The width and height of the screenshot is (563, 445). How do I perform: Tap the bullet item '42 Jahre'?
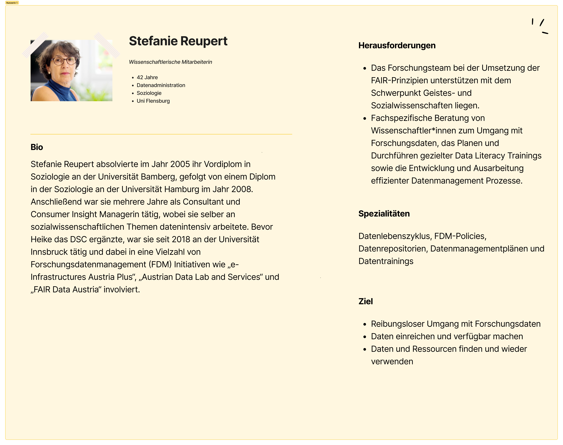pos(147,77)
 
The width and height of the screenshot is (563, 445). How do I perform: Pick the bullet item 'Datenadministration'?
pos(161,85)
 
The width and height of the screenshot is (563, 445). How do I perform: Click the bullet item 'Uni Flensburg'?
pos(153,101)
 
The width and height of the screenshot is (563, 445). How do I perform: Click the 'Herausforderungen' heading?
pos(397,45)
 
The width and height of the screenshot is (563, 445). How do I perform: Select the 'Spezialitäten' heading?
pos(384,214)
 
